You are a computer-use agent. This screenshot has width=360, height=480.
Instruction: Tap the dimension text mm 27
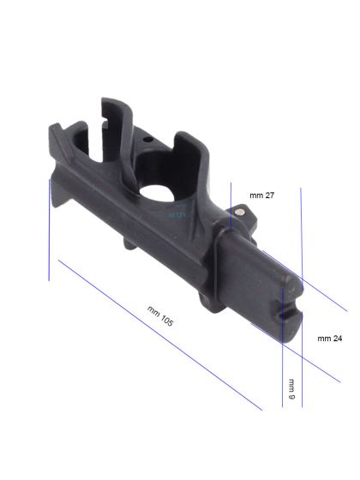[262, 196]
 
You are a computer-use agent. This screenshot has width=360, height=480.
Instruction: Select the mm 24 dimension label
[330, 339]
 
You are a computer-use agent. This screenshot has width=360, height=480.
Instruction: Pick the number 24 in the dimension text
[337, 339]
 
